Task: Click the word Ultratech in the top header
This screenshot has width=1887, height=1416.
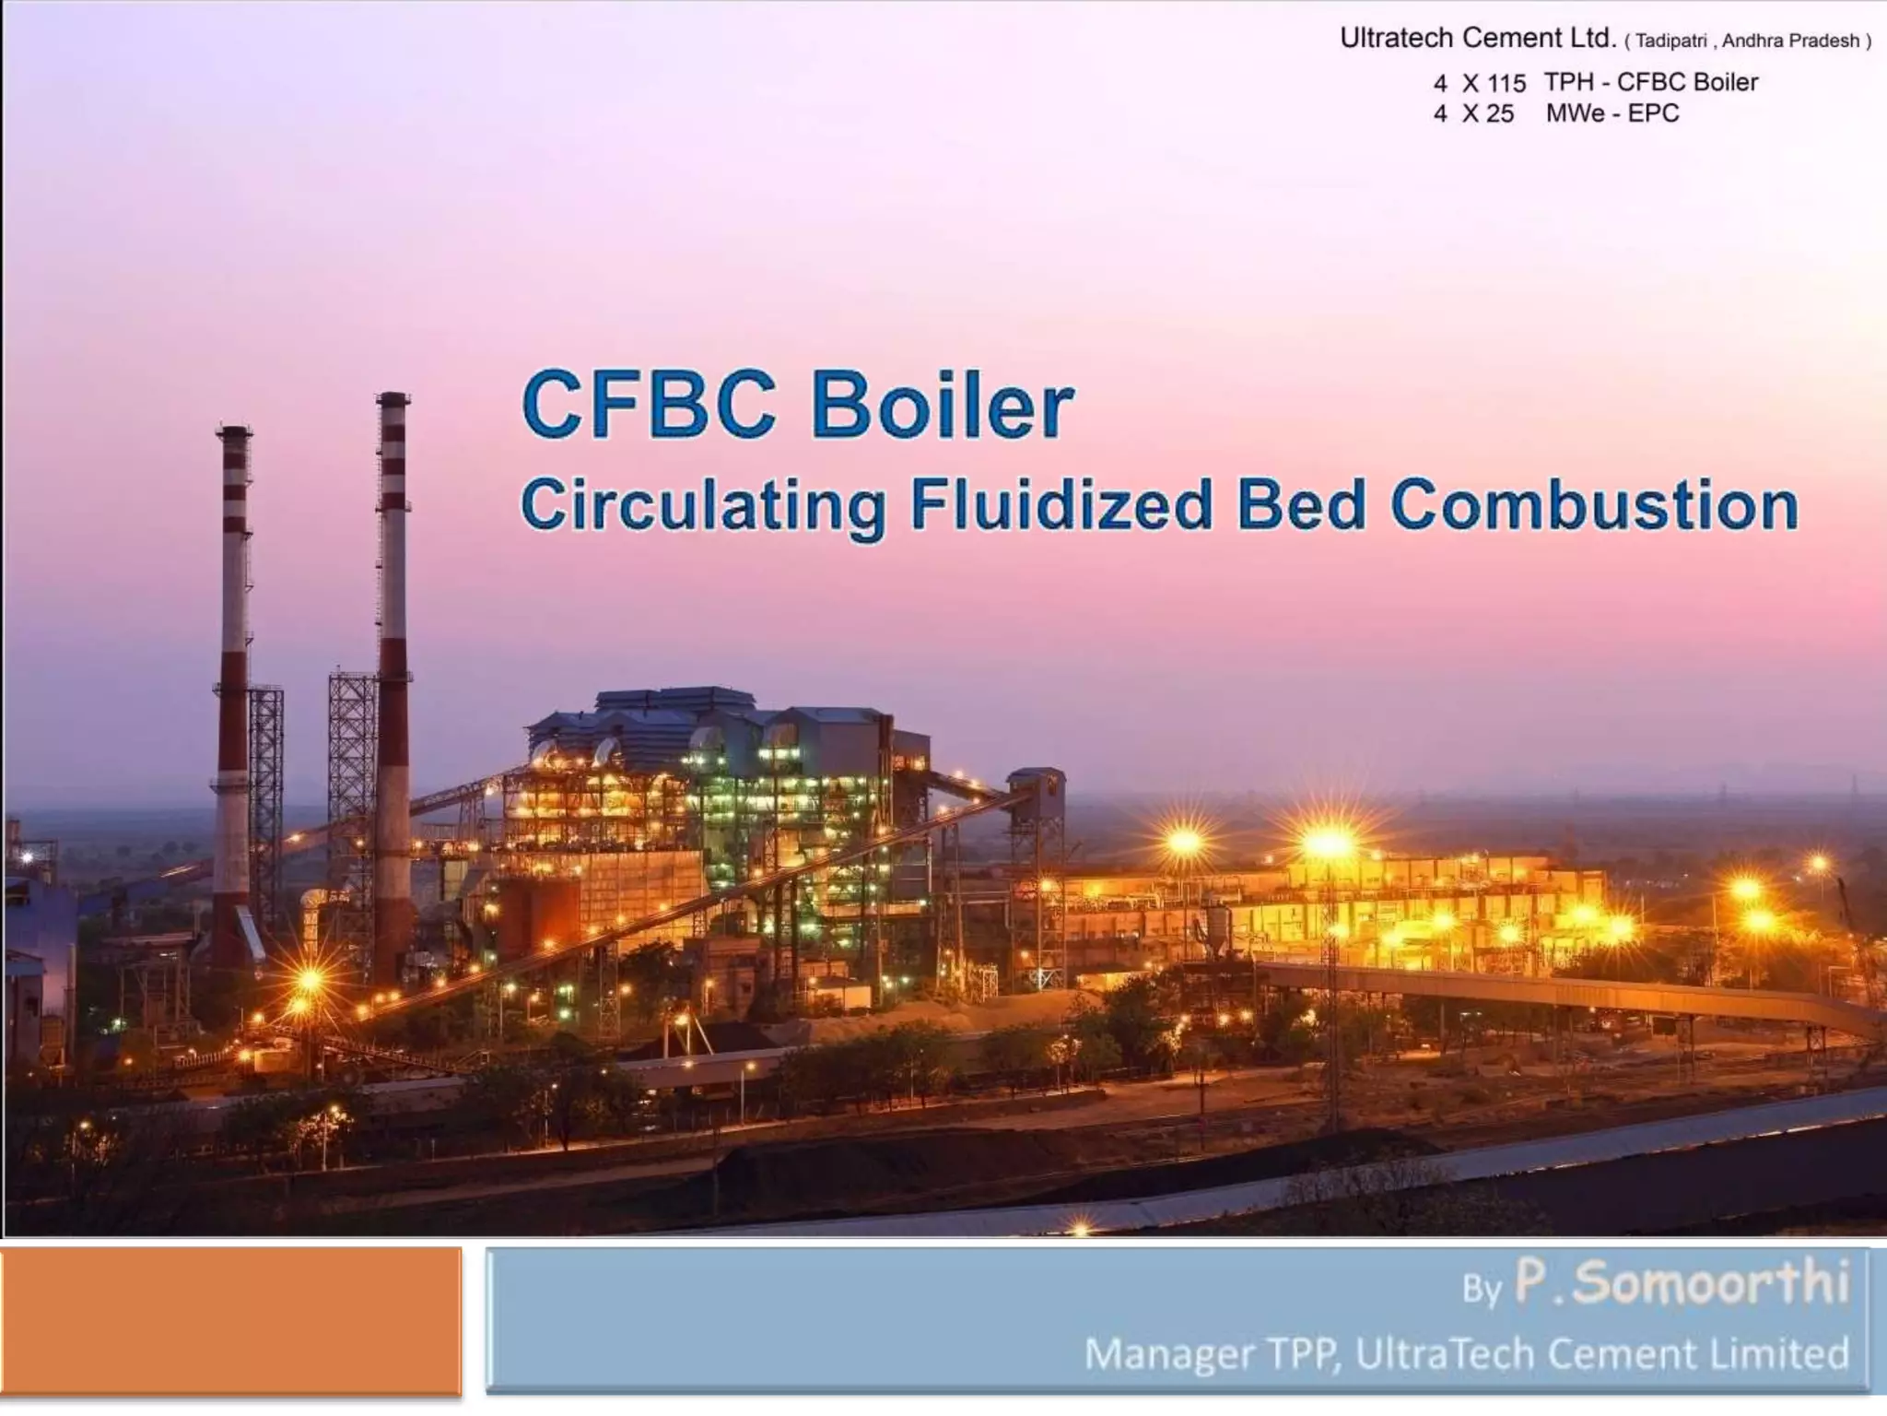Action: [1397, 38]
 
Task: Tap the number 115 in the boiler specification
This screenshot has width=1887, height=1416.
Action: [1506, 83]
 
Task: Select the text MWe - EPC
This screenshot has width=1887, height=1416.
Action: [1612, 113]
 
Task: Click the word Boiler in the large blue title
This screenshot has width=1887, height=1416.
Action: [942, 407]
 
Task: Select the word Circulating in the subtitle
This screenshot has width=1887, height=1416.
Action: [702, 506]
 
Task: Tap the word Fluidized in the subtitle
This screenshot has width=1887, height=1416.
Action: [1061, 506]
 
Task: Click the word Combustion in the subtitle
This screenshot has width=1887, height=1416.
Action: [1594, 506]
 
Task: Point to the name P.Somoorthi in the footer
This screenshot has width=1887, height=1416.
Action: [1682, 1283]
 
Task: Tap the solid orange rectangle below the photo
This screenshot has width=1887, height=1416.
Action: [230, 1320]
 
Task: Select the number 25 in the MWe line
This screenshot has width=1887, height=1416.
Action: [1499, 114]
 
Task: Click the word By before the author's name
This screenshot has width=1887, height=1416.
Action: [1482, 1289]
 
